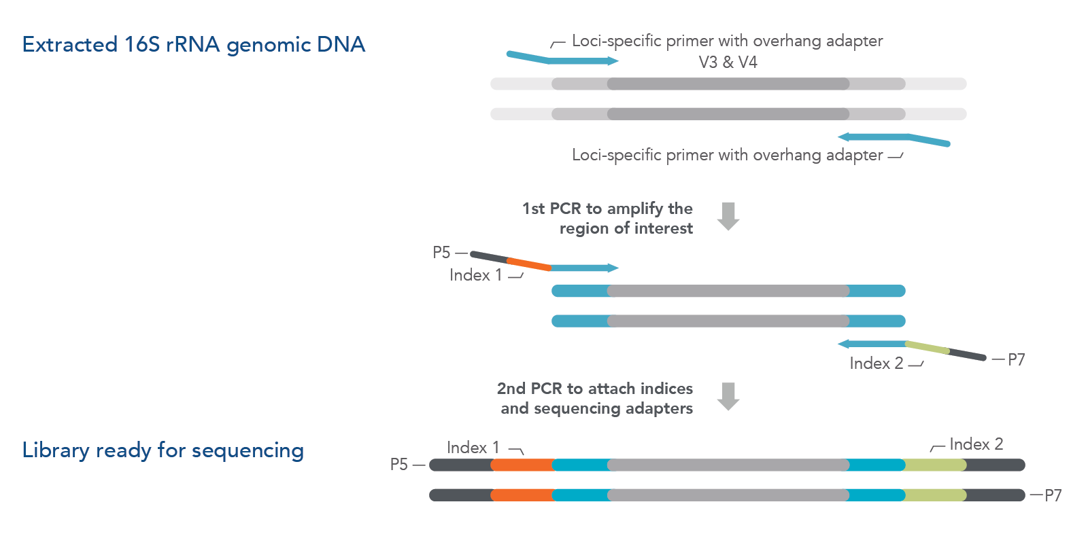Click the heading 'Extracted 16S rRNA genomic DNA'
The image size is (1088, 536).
(x=194, y=45)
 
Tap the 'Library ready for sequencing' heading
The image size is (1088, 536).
(x=163, y=450)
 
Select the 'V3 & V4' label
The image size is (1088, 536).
(x=728, y=62)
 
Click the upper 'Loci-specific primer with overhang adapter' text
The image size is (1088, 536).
(x=727, y=41)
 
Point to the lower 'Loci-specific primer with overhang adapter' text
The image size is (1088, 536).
(x=727, y=155)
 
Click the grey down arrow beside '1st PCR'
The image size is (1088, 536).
(x=728, y=216)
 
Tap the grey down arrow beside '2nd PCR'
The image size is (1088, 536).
(x=728, y=396)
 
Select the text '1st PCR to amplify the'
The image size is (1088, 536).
(x=607, y=209)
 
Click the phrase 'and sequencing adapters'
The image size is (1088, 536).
(x=596, y=408)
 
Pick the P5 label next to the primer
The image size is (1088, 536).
(x=441, y=253)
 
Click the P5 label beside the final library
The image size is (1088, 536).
(x=398, y=465)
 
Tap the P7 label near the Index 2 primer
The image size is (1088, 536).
(x=1016, y=360)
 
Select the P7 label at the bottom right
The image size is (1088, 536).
(x=1053, y=495)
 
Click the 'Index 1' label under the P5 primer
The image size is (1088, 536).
(x=475, y=275)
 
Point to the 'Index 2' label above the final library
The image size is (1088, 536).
(x=976, y=444)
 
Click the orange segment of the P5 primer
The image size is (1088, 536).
(x=529, y=264)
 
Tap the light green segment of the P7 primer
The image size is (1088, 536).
(x=928, y=348)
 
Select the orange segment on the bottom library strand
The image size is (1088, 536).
(x=522, y=495)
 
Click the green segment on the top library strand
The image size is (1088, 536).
(x=935, y=465)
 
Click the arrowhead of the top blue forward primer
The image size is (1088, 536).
(x=613, y=61)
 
